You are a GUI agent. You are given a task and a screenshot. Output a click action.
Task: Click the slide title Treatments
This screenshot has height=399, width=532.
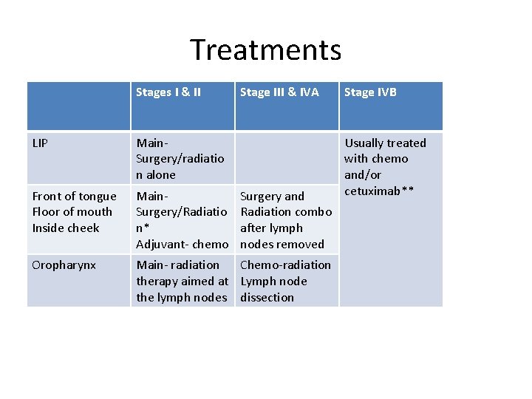click(x=265, y=50)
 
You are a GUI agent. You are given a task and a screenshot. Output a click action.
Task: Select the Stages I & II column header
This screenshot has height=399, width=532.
click(x=168, y=92)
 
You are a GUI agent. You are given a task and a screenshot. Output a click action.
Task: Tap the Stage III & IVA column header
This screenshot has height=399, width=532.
click(x=279, y=92)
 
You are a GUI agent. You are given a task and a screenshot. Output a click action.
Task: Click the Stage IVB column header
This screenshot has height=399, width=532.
click(x=370, y=92)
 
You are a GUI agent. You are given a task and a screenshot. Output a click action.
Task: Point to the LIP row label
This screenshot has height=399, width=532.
click(x=41, y=143)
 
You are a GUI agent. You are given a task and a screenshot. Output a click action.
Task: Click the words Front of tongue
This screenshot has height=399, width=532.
click(x=75, y=196)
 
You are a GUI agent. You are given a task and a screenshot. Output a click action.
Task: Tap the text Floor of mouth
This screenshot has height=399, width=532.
click(x=72, y=212)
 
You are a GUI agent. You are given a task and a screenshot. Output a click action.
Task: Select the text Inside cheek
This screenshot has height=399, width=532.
click(x=66, y=228)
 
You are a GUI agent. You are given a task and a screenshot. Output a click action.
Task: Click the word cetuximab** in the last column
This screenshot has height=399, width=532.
click(x=379, y=191)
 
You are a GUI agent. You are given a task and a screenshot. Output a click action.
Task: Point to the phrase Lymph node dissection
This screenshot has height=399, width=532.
click(x=273, y=289)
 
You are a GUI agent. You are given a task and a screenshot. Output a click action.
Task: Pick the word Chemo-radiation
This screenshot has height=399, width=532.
click(x=285, y=265)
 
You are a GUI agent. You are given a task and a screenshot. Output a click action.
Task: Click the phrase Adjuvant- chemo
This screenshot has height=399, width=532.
click(x=182, y=244)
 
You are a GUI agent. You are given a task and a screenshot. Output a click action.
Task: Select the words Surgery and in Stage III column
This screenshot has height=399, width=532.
click(x=272, y=196)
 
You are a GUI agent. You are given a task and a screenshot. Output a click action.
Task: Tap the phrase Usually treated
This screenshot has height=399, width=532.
click(x=385, y=143)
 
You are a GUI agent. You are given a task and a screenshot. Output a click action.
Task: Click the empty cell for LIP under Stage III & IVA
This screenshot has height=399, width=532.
click(x=286, y=158)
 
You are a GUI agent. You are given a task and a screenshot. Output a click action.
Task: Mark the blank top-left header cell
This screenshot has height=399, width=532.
click(x=79, y=106)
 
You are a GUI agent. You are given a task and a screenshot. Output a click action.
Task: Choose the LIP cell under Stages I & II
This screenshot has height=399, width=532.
click(x=182, y=158)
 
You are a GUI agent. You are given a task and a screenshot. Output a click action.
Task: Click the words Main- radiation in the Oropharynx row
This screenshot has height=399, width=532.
click(x=178, y=265)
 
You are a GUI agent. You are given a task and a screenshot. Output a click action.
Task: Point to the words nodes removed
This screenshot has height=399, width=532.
click(x=282, y=244)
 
